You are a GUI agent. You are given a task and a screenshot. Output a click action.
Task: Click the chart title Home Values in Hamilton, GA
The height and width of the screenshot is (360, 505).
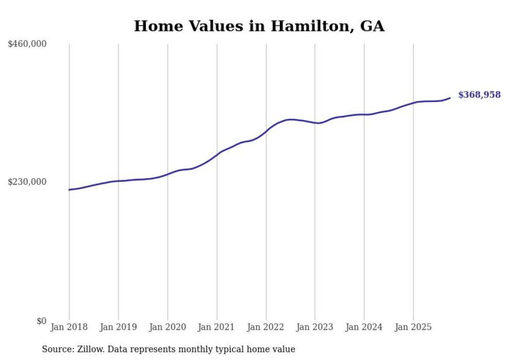[x=259, y=26]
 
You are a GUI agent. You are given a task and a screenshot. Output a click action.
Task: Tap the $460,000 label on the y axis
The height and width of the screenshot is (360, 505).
[x=27, y=44]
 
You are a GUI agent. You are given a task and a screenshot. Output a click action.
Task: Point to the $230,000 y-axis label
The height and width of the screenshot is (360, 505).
[x=27, y=182]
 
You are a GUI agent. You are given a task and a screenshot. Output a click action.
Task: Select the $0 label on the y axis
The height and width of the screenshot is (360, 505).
[x=41, y=321]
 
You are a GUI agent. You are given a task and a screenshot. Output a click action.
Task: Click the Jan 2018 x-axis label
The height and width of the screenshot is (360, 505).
[x=69, y=327]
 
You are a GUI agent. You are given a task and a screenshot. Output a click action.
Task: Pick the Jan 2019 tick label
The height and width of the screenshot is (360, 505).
[x=119, y=327]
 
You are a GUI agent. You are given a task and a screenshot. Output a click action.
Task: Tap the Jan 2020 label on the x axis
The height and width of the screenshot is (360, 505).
[x=167, y=327]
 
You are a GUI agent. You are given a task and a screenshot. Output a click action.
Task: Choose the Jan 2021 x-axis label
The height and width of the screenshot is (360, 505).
[x=216, y=327]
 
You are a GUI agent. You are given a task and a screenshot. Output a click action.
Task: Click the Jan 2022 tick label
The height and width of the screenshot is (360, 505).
[x=266, y=327]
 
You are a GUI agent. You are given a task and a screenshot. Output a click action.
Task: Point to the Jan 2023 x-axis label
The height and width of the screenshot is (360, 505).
[x=315, y=327]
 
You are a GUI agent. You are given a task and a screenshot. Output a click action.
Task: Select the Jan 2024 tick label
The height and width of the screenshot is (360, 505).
[x=364, y=327]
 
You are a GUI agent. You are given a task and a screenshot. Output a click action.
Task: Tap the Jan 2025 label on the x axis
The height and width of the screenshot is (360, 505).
[x=413, y=327]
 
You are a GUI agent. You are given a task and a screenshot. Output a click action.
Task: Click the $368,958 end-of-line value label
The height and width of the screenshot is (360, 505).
[x=479, y=95]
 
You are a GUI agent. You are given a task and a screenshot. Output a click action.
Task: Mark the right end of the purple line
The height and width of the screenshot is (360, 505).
[x=450, y=98]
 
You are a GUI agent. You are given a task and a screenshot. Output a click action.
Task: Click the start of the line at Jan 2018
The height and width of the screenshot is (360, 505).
[x=69, y=190]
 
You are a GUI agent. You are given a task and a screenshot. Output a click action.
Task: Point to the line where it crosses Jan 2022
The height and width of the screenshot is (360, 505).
[x=266, y=131]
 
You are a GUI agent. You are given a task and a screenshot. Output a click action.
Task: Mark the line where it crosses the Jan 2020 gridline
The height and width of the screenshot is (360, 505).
[x=167, y=174]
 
